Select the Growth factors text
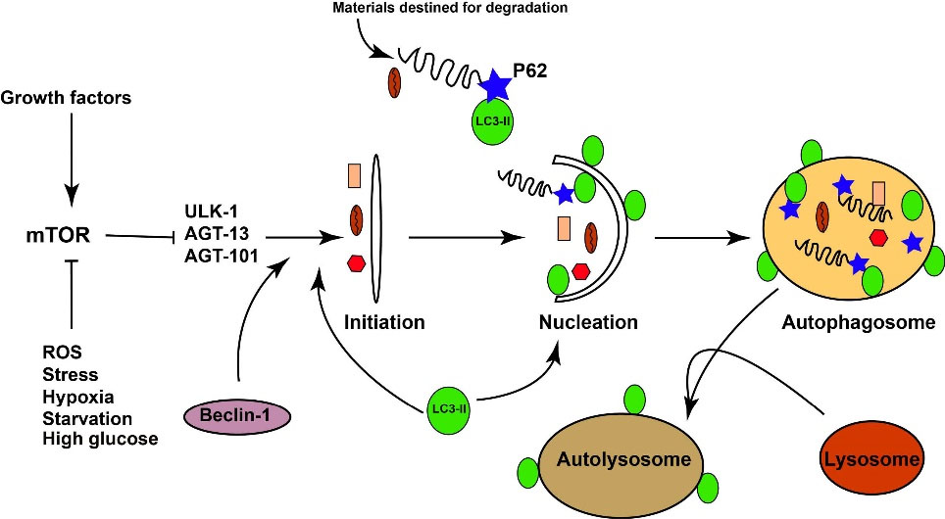tap(67, 98)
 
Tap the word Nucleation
tap(588, 322)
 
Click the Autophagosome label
tap(852, 322)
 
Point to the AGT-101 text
tap(219, 258)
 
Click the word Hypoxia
tap(78, 397)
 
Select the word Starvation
tap(85, 418)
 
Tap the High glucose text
tap(100, 440)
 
